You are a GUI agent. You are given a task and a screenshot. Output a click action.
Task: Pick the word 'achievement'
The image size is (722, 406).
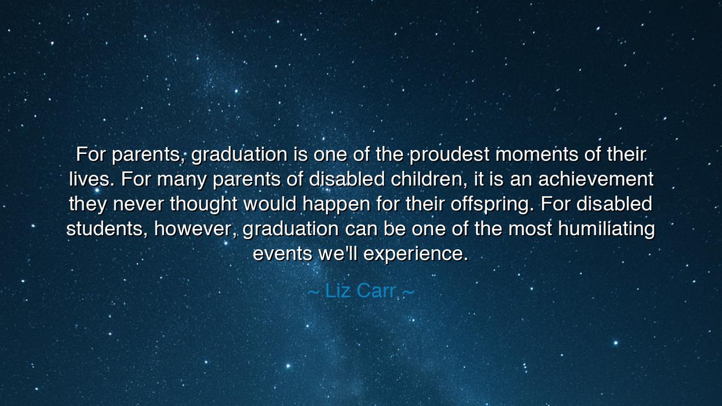pos(596,179)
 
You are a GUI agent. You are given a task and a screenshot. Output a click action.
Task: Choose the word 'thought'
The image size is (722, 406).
pos(204,204)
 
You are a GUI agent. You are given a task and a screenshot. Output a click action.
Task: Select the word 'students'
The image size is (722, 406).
pos(107,229)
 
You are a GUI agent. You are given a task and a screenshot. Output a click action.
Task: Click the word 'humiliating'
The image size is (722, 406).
pos(606,229)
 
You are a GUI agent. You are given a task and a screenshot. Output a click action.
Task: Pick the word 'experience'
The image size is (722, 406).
pos(415,254)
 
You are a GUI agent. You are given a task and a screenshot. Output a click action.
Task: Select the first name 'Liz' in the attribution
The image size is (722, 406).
pos(338,291)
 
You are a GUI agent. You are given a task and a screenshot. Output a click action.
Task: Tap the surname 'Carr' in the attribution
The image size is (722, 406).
pos(376,291)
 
